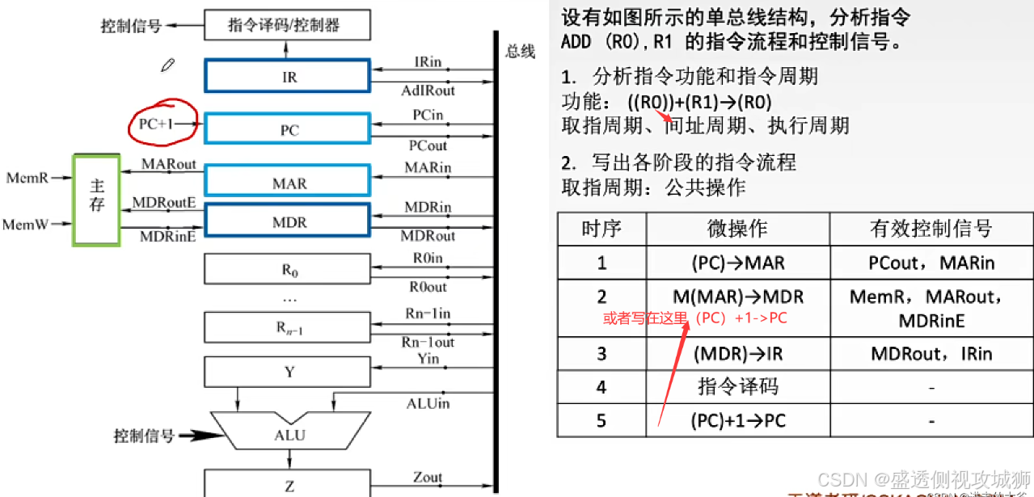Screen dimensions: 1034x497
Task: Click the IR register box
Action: click(289, 78)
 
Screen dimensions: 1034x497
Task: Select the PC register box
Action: click(289, 129)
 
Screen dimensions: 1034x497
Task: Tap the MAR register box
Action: click(289, 183)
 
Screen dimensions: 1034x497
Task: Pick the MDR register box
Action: click(289, 221)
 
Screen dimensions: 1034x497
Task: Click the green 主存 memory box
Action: click(97, 199)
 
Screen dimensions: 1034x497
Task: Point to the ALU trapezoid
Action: click(289, 435)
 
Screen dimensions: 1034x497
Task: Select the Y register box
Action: click(289, 372)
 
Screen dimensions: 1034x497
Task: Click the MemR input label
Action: click(27, 175)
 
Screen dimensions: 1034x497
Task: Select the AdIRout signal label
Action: click(428, 91)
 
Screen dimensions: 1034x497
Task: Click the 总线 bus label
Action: click(520, 52)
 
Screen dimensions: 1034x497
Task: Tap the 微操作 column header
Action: click(736, 229)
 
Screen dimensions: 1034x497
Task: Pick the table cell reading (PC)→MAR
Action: click(736, 263)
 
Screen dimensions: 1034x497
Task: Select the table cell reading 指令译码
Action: click(736, 387)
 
